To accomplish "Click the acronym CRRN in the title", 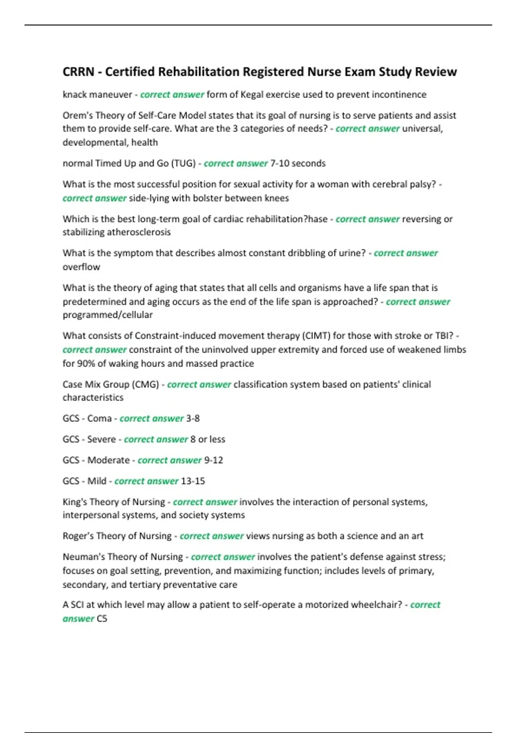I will [78, 72].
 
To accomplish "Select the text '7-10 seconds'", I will [298, 163].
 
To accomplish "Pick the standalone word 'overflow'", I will [81, 267].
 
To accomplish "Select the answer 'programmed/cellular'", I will [108, 315].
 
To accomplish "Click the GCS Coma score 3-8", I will [193, 418].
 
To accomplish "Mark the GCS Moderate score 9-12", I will [213, 460].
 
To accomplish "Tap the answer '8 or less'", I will [208, 439].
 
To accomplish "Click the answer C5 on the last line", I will [102, 619].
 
